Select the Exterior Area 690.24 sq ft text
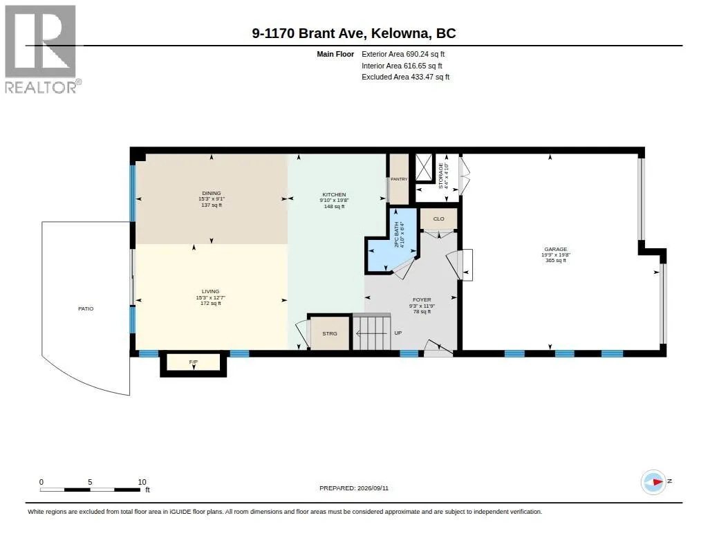(x=403, y=54)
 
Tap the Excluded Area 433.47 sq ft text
(x=405, y=77)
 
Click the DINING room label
(x=212, y=194)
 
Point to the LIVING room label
(x=210, y=292)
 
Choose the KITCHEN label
(x=334, y=195)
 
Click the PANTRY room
(x=399, y=179)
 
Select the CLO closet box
(x=439, y=219)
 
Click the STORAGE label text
(x=440, y=176)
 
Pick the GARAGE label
(x=555, y=250)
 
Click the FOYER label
(x=422, y=300)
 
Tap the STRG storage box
(x=330, y=333)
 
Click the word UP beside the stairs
(x=398, y=333)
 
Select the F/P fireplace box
(x=194, y=363)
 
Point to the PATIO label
(x=86, y=309)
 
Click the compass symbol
(x=653, y=482)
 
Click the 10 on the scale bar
(x=142, y=482)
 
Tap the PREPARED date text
(x=354, y=488)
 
